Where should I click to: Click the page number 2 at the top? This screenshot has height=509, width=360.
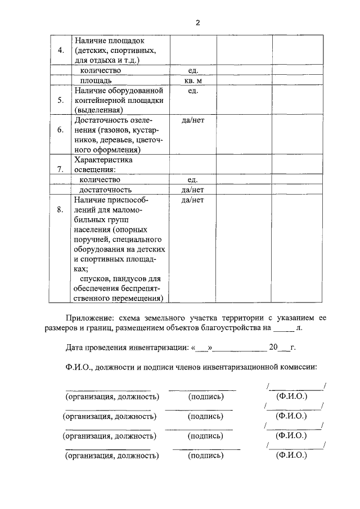[x=197, y=22]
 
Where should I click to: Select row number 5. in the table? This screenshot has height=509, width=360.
[x=61, y=100]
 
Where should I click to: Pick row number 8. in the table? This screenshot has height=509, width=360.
[x=61, y=210]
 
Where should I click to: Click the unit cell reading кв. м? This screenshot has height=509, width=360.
[x=193, y=80]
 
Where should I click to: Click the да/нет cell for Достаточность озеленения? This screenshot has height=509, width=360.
[x=193, y=120]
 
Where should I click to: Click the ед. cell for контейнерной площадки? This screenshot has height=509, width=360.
[x=193, y=91]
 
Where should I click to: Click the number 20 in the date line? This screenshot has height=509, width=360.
[x=273, y=347]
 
